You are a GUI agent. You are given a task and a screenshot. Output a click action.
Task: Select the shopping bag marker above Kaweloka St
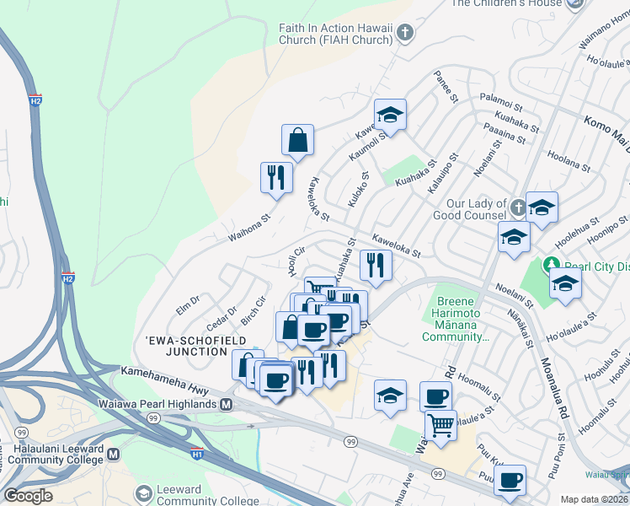tap(297, 140)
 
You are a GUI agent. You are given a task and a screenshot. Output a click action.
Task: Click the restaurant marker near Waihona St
tap(276, 177)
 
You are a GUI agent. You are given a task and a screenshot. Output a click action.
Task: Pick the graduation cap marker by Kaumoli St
tap(390, 114)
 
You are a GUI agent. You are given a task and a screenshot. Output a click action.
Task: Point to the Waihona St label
tap(248, 228)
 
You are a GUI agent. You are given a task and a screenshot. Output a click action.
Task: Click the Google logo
tap(28, 496)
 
